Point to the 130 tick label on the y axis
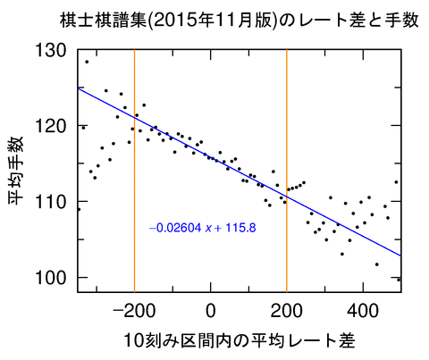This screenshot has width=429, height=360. pyautogui.click(x=51, y=51)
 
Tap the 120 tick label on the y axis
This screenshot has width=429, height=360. pyautogui.click(x=51, y=126)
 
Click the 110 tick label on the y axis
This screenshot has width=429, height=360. pyautogui.click(x=51, y=202)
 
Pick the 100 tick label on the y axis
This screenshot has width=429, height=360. pyautogui.click(x=51, y=277)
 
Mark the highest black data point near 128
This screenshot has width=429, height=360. pyautogui.click(x=87, y=61)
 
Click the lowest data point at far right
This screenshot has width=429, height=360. pyautogui.click(x=399, y=279)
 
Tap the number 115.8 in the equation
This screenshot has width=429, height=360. pyautogui.click(x=241, y=228)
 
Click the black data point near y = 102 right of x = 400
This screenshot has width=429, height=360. pyautogui.click(x=376, y=264)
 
